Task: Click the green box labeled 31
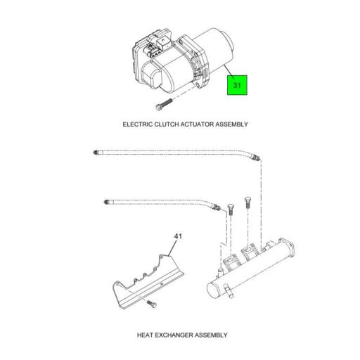click(x=237, y=86)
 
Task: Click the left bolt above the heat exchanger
click(x=229, y=208)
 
